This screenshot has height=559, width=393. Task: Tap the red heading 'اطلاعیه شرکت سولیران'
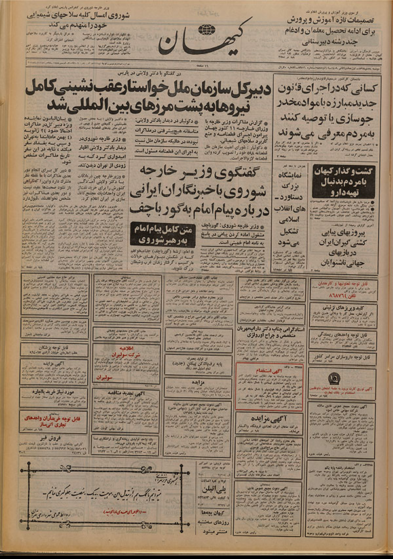(x=126, y=349)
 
